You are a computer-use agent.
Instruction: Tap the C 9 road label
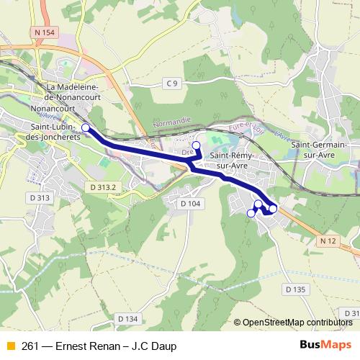click(x=171, y=84)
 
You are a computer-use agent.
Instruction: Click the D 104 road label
click(x=190, y=204)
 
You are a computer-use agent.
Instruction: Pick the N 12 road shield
click(x=329, y=239)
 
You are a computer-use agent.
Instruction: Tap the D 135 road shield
click(x=295, y=289)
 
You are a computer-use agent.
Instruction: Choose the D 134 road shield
click(x=126, y=318)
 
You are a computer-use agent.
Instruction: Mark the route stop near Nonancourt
click(x=86, y=127)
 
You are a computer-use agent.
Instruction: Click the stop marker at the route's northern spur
click(x=196, y=145)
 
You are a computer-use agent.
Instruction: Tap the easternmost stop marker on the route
click(x=273, y=209)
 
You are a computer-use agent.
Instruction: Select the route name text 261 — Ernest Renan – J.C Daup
click(x=99, y=346)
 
